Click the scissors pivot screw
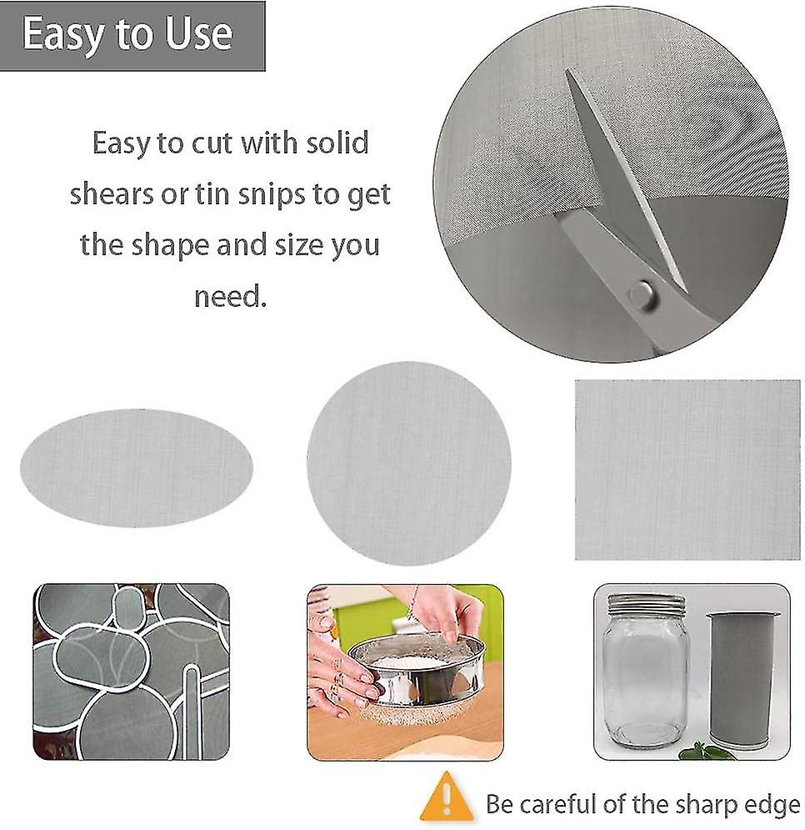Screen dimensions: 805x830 (x=641, y=294)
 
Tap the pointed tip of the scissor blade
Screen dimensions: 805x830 (x=567, y=71)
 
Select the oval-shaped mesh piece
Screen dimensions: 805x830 (x=137, y=468)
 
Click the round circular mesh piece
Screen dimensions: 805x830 (x=409, y=464)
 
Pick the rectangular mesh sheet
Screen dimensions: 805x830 (x=687, y=470)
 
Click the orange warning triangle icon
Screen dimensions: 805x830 (x=447, y=797)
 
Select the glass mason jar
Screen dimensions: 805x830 (x=645, y=670)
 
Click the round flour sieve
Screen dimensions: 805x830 (x=417, y=671)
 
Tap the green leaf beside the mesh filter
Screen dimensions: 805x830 (x=701, y=751)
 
